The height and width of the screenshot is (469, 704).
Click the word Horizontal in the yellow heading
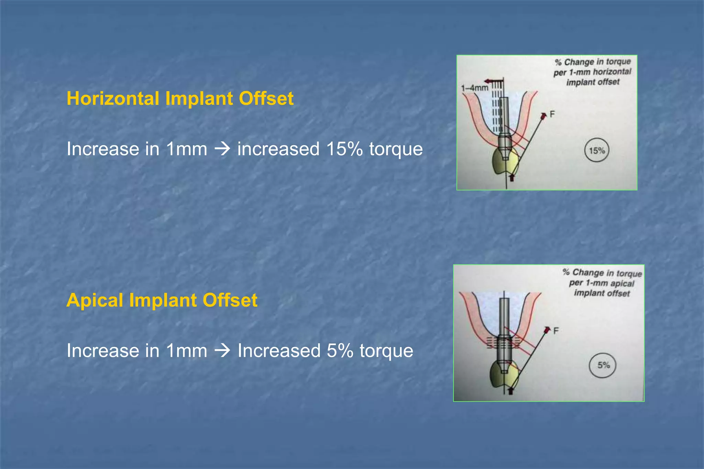coord(113,99)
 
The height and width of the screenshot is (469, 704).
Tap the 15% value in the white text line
coord(344,149)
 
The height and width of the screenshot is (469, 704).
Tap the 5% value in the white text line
coord(340,351)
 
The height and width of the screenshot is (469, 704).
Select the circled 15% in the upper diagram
coord(596,150)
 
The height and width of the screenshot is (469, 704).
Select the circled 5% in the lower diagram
coord(603,365)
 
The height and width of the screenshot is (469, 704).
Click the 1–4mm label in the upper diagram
coord(474,88)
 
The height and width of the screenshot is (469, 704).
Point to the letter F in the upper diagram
coord(552,114)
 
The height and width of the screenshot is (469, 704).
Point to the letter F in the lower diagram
coord(556,331)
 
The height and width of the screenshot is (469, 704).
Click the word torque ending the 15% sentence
coord(396,149)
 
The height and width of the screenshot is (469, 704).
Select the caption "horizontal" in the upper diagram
coord(612,72)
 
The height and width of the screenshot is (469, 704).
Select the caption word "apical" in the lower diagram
coord(622,283)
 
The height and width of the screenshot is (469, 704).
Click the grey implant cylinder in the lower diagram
coord(504,319)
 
